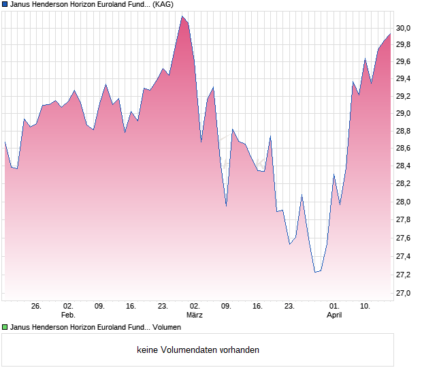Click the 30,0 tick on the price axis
(404, 28)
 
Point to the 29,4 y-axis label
(404, 79)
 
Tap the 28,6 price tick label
(404, 149)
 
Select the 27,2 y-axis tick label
(404, 275)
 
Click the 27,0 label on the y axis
(404, 293)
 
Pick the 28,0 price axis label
(404, 202)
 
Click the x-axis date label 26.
(36, 307)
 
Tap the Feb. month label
(68, 315)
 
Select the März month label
(195, 315)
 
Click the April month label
(334, 315)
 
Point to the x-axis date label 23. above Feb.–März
(163, 307)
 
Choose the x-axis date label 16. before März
(131, 307)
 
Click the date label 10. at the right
(366, 307)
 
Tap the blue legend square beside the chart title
(5, 4)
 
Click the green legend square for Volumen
(5, 327)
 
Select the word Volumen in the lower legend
(167, 327)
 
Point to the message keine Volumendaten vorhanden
(198, 350)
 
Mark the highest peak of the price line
(182, 16)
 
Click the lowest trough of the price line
(315, 273)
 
